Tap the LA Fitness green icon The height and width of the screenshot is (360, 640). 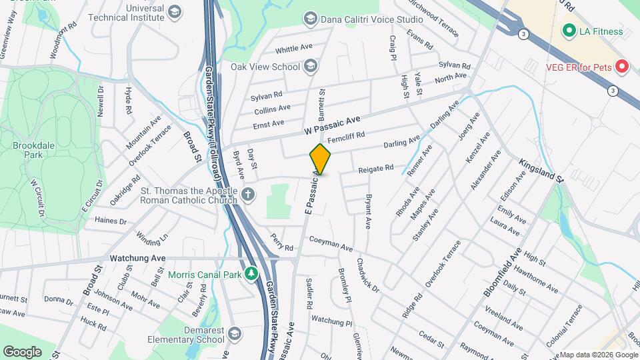point(569,31)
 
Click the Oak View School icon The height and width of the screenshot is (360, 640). point(310,66)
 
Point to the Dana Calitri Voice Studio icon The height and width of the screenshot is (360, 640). point(310,19)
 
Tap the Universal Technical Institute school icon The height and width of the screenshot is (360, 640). point(174,12)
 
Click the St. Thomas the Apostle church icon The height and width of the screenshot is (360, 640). point(247,195)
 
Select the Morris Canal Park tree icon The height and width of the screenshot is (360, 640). point(251,274)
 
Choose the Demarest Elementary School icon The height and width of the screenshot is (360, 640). point(234,333)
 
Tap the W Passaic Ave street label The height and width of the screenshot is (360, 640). point(332,123)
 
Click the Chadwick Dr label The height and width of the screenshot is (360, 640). point(367,275)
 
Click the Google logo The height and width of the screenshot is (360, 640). point(22,351)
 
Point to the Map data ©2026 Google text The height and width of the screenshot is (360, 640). point(597,355)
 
